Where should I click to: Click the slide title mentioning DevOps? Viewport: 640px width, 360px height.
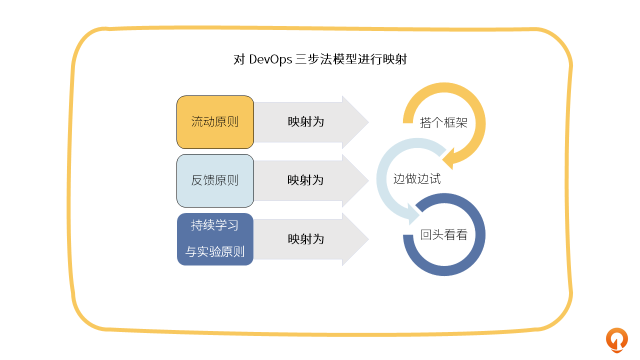coord(320,60)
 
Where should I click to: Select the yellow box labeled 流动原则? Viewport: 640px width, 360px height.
coord(215,122)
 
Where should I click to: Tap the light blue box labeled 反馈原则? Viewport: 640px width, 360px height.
coord(215,180)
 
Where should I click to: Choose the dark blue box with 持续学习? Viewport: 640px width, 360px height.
coord(215,239)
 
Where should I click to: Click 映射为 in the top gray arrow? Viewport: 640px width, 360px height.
coord(306,122)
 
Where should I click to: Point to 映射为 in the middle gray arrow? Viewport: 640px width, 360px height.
coord(306,180)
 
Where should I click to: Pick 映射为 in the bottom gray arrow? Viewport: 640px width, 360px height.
coord(306,239)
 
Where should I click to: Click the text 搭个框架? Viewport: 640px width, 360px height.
coord(443,123)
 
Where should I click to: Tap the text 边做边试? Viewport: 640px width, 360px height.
coord(417,179)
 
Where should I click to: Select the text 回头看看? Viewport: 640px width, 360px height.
coord(443,235)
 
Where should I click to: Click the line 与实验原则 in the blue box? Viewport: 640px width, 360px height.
coord(215,251)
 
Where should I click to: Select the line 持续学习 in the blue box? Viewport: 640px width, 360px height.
coord(215,225)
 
